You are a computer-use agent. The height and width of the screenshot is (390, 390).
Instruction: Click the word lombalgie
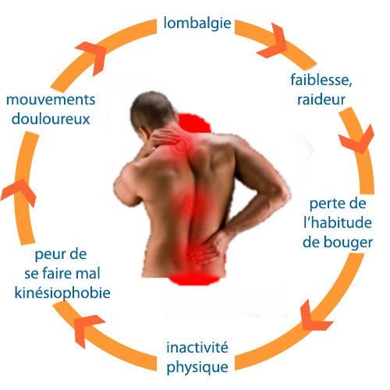[x=197, y=24]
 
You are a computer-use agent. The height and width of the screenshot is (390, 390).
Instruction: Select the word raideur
[x=321, y=99]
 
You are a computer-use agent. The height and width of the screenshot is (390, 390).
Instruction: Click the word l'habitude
[x=338, y=222]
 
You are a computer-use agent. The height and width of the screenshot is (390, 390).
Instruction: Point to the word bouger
[x=349, y=243]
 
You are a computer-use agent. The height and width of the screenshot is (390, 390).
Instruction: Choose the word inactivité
[x=197, y=348]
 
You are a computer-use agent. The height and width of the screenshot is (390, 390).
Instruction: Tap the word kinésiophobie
[x=62, y=293]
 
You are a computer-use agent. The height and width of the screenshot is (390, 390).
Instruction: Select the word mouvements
[x=51, y=100]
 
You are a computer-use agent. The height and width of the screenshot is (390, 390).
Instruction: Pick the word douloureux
[x=51, y=119]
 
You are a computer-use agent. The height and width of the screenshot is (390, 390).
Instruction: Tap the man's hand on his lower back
[x=205, y=248]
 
